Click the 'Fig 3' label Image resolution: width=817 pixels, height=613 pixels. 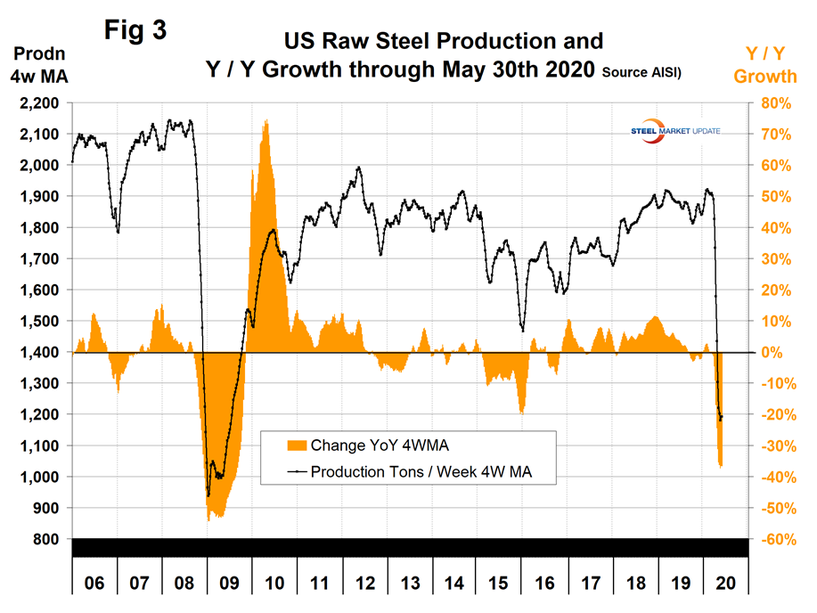135,29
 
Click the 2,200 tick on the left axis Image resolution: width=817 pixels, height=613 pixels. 38,103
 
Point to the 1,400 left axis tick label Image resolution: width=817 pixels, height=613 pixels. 38,353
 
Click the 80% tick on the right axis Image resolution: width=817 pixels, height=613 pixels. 772,103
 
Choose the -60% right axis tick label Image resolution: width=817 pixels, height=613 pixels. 771,539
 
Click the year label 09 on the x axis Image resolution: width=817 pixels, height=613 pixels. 229,584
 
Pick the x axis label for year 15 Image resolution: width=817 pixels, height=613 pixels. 500,584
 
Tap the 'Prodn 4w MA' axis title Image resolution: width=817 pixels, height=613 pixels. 38,65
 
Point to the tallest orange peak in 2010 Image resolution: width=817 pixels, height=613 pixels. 266,121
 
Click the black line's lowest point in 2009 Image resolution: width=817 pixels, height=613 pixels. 208,494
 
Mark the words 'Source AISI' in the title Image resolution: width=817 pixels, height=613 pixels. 641,72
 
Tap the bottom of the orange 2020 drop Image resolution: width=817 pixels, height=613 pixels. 721,465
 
